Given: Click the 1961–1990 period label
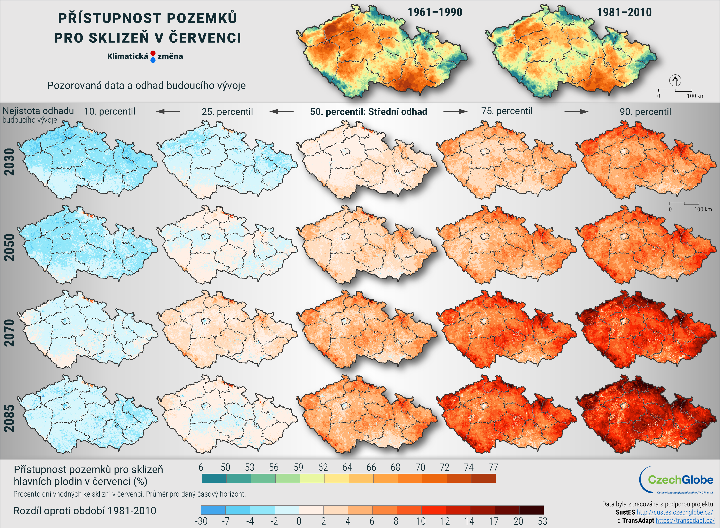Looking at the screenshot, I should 435,13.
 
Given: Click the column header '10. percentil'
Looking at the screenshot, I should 109,112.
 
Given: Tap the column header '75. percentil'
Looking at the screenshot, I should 507,111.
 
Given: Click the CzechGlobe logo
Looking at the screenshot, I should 677,480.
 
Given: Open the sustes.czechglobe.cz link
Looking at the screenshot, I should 675,512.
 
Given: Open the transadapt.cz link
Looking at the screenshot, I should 685,521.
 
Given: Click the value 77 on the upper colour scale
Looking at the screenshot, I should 493,468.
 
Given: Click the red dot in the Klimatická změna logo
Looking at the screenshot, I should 153,53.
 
